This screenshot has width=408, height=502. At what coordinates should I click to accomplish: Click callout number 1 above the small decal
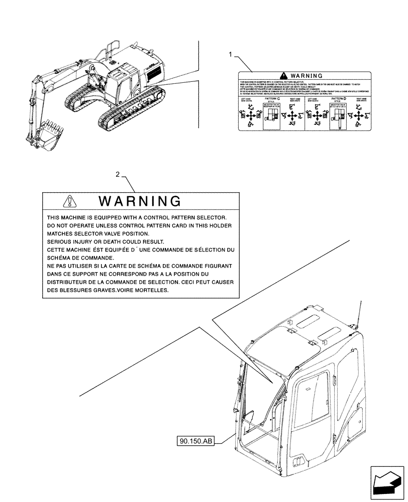coord(231,55)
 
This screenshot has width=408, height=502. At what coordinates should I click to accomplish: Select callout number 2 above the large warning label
coord(118,175)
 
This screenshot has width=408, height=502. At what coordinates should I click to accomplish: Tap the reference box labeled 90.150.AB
coord(196,441)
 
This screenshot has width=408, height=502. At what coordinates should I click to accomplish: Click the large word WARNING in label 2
coord(140,202)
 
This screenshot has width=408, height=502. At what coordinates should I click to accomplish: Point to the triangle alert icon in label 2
coord(69,202)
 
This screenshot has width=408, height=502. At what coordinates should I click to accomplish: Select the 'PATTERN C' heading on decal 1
coord(271,100)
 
